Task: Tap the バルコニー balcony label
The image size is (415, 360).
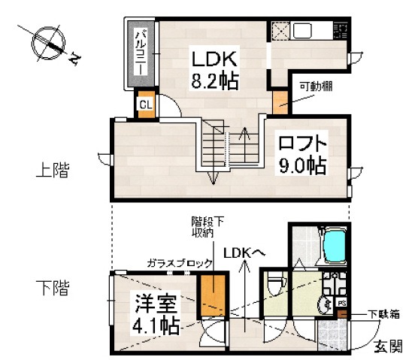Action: [x=141, y=52]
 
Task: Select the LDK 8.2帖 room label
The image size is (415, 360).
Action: [x=214, y=70]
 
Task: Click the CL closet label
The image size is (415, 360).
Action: [x=145, y=104]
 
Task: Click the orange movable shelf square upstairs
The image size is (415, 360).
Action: [x=280, y=101]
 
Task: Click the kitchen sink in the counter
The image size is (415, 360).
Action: [x=306, y=32]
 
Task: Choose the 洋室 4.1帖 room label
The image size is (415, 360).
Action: [x=157, y=315]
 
